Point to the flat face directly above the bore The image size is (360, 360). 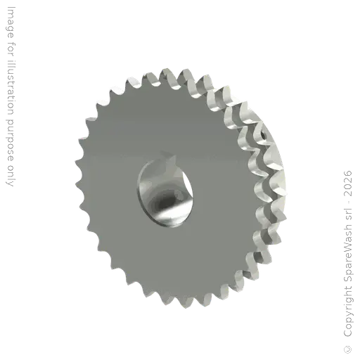coord(163,120)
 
